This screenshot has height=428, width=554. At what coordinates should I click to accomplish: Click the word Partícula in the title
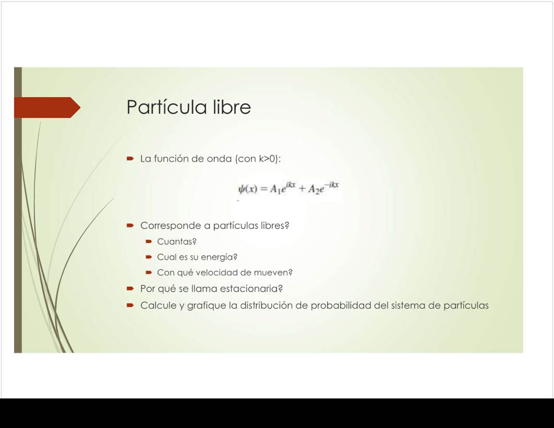pos(167,107)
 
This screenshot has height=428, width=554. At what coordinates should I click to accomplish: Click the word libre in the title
pos(232,107)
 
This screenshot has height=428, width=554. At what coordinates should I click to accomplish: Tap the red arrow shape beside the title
pos(47,108)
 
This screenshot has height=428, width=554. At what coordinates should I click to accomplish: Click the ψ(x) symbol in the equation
pos(248,189)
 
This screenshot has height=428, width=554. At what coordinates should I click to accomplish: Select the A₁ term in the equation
pos(275,190)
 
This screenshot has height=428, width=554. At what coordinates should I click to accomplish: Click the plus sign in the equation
pos(302,189)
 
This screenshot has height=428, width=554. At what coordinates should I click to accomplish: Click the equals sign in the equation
pos(263,189)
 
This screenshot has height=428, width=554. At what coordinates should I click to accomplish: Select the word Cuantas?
pos(177,242)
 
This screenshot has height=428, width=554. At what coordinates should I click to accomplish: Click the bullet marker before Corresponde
pos(130,225)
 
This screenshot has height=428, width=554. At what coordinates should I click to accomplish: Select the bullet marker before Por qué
pos(130,289)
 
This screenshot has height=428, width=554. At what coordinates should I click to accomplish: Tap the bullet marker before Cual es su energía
pos(149,257)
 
